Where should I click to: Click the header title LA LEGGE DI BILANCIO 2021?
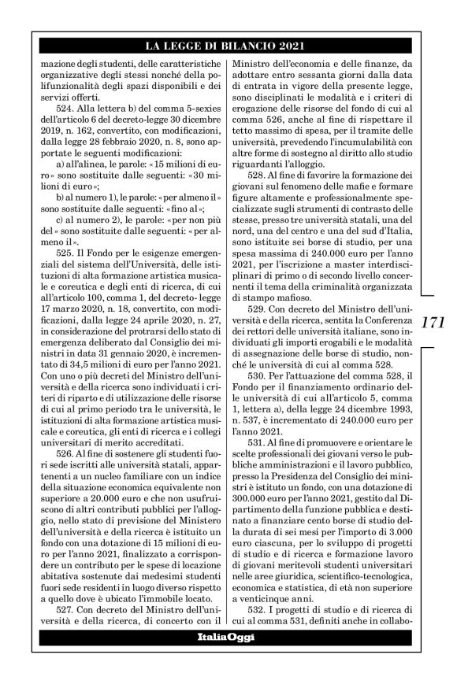[228, 46]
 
